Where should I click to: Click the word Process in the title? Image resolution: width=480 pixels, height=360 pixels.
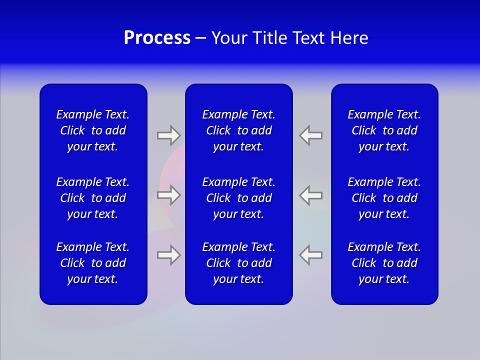pyautogui.click(x=157, y=38)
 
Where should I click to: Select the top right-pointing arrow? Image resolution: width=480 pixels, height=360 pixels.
pyautogui.click(x=168, y=135)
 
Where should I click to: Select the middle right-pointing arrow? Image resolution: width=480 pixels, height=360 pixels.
pyautogui.click(x=168, y=195)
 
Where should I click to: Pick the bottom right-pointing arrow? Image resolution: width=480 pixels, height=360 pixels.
pyautogui.click(x=168, y=255)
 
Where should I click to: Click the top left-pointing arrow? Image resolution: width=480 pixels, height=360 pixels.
pyautogui.click(x=311, y=135)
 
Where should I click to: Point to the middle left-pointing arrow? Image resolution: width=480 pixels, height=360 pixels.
pyautogui.click(x=311, y=195)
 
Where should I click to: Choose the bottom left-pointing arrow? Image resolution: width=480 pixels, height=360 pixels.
pyautogui.click(x=311, y=255)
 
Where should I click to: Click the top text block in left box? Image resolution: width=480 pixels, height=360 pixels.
pyautogui.click(x=93, y=130)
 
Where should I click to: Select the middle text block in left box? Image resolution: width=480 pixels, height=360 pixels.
pyautogui.click(x=93, y=198)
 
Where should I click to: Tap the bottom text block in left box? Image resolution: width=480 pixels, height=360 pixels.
pyautogui.click(x=93, y=263)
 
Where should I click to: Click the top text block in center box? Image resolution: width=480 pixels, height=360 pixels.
pyautogui.click(x=239, y=130)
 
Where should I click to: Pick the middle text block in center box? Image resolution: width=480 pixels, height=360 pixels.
pyautogui.click(x=239, y=198)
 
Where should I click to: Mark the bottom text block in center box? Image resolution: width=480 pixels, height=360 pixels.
pyautogui.click(x=239, y=263)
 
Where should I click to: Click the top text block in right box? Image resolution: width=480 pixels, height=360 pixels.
pyautogui.click(x=384, y=130)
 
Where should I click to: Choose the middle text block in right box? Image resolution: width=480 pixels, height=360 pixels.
pyautogui.click(x=384, y=198)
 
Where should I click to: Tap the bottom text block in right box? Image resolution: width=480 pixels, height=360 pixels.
pyautogui.click(x=384, y=263)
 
